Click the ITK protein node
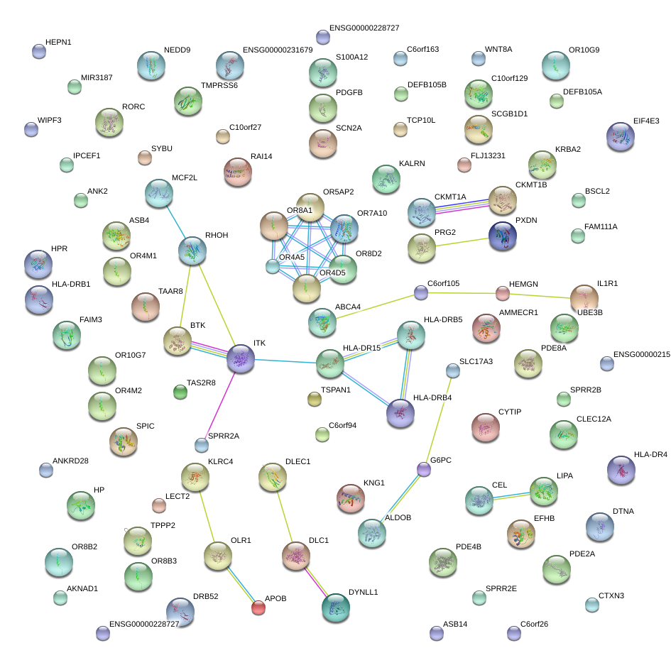point(240,359)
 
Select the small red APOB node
point(258,608)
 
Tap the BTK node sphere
point(177,341)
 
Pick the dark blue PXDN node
point(503,236)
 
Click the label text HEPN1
point(58,43)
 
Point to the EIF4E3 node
point(621,137)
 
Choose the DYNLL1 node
point(335,607)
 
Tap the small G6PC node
point(424,469)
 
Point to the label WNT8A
point(498,50)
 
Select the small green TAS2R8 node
point(180,391)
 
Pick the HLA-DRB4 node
point(400,413)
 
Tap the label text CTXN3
point(611,595)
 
